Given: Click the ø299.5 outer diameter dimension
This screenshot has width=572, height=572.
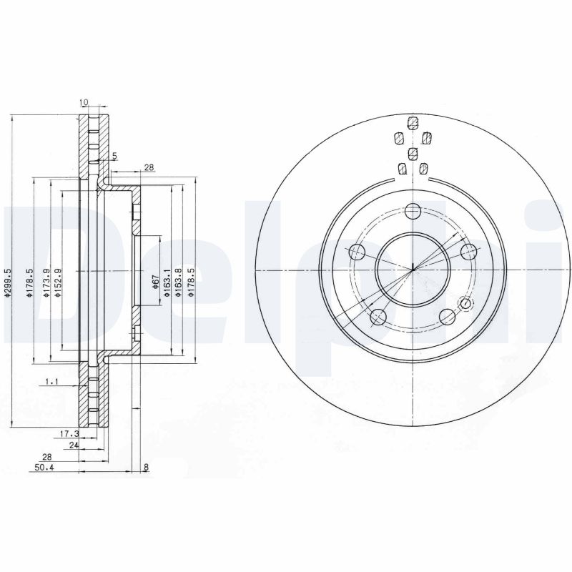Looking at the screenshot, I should click(9, 283).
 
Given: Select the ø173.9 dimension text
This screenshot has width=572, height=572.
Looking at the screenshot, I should click(46, 283).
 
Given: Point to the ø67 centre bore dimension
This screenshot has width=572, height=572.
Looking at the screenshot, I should click(154, 282).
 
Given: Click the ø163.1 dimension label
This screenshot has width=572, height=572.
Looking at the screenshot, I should click(167, 283).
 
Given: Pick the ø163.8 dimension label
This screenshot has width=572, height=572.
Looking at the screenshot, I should click(177, 283).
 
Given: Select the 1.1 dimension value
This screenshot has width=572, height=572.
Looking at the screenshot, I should click(51, 383).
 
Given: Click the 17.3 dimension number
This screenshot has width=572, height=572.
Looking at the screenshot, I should click(68, 434).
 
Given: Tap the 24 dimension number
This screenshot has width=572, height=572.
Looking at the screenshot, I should click(71, 445).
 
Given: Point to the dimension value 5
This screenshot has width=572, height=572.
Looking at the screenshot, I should click(114, 156).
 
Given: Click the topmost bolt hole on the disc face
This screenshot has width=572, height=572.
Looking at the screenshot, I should click(413, 211).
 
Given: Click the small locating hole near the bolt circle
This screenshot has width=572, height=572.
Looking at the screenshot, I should click(467, 305).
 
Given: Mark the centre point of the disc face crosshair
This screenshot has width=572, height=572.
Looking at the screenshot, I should click(413, 270).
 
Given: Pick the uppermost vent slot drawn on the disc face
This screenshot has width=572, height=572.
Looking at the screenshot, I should click(412, 121).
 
